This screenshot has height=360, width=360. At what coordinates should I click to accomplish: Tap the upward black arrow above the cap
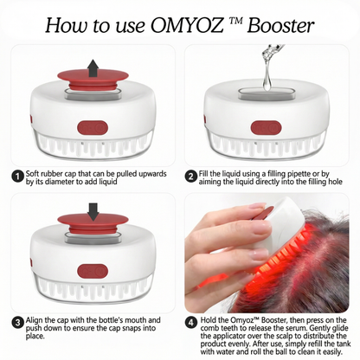(x=92, y=66)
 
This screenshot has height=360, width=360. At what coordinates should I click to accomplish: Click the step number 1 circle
(x=16, y=177)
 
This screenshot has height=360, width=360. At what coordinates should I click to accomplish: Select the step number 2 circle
(x=190, y=177)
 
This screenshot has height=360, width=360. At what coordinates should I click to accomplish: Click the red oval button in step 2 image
(x=266, y=129)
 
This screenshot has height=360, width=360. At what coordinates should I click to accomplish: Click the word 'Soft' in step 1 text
(x=34, y=175)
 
